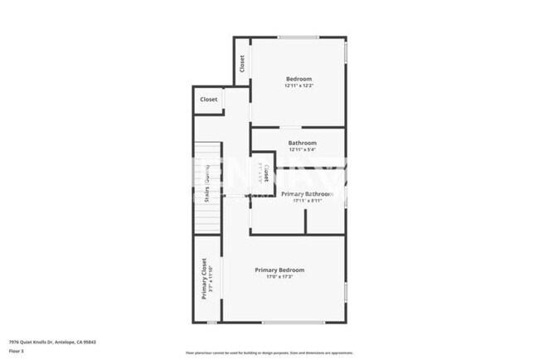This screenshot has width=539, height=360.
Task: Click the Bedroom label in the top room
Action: pyautogui.click(x=299, y=79)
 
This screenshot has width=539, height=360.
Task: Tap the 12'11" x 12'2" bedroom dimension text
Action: pyautogui.click(x=299, y=85)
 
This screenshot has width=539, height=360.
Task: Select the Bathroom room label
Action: pyautogui.click(x=302, y=143)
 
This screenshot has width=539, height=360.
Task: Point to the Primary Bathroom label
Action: pyautogui.click(x=307, y=193)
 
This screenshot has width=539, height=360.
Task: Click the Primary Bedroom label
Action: pyautogui.click(x=279, y=270)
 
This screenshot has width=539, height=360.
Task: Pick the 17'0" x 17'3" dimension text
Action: pyautogui.click(x=279, y=277)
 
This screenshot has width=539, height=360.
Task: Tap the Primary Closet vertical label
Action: pyautogui.click(x=204, y=278)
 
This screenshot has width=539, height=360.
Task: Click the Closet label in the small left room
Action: pyautogui.click(x=209, y=100)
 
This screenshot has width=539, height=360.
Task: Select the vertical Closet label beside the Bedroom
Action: pyautogui.click(x=242, y=63)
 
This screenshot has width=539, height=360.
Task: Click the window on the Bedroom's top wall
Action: pyautogui.click(x=298, y=37)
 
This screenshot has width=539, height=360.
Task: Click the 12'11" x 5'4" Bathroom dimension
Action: pyautogui.click(x=302, y=149)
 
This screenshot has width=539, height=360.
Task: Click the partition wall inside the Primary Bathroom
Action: pyautogui.click(x=306, y=221)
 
